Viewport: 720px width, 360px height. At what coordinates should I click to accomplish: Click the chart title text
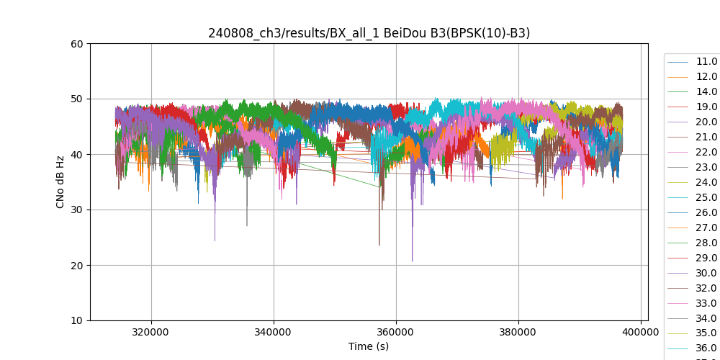[369, 33]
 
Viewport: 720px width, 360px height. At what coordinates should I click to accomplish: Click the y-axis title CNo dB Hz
[60, 182]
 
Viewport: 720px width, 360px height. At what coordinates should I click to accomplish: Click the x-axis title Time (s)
[369, 346]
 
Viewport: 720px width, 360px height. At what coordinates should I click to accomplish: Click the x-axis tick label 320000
[151, 333]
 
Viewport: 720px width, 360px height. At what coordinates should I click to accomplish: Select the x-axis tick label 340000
[274, 333]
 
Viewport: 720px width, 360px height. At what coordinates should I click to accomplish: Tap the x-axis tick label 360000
[396, 333]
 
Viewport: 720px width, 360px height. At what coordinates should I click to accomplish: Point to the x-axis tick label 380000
[518, 333]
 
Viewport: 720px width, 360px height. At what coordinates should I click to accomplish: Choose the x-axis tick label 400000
[641, 333]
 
